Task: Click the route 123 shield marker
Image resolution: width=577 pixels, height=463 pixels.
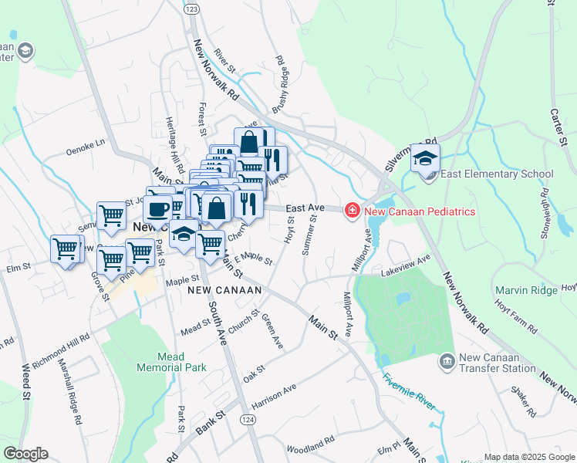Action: [x=192, y=8]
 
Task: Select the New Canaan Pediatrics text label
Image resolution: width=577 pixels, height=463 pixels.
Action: [x=419, y=211]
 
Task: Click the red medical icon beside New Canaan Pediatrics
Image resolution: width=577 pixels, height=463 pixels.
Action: [x=353, y=210]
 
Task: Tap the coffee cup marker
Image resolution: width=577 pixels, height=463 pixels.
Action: [x=159, y=208]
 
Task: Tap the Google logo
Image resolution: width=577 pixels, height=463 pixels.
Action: [x=25, y=454]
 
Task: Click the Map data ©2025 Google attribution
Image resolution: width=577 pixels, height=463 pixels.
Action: [x=528, y=457]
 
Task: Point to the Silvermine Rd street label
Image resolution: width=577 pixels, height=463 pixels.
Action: [x=410, y=156]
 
